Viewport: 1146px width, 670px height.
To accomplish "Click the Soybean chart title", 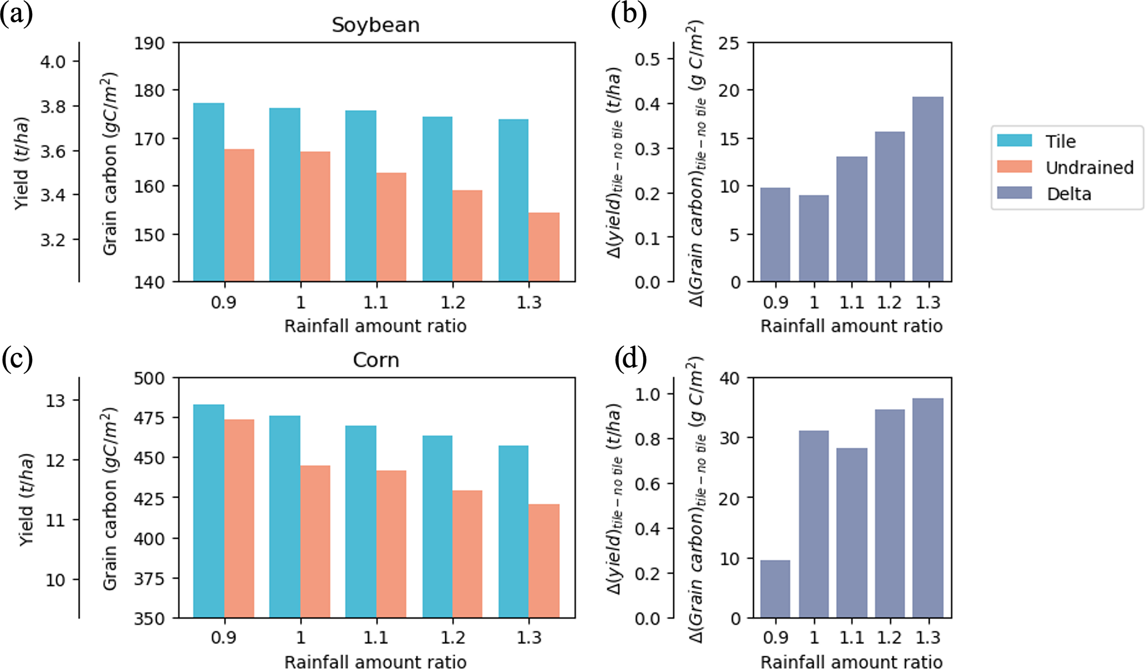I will pos(375,25).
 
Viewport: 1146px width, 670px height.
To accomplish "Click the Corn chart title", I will pos(375,360).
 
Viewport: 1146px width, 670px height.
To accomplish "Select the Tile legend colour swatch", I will pos(1014,141).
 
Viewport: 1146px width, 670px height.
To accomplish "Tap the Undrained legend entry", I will pos(1089,167).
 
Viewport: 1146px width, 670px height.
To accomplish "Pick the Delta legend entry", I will pos(1068,193).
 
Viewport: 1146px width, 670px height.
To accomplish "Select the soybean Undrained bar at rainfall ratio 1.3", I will pos(544,247).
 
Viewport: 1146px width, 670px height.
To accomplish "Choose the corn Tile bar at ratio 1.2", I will pos(437,526).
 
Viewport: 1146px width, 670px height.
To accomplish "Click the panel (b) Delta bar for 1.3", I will pos(928,189).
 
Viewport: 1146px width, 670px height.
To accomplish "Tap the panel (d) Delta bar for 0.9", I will pos(775,589).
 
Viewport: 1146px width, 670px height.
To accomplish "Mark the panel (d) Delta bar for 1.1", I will pos(852,532).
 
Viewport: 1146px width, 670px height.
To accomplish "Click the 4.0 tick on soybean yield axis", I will pos(53,61).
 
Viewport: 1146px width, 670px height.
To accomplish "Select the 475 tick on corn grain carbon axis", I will pos(149,418).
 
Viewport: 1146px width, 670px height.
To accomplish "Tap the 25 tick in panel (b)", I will pos(729,43).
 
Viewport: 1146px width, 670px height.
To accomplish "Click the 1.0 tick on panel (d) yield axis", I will pos(647,394).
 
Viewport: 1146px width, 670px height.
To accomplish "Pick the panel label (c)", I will pos(17,359).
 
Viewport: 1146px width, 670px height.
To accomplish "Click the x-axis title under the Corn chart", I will pos(375,662).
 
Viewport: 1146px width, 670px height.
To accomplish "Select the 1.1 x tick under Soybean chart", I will pos(376,303).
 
